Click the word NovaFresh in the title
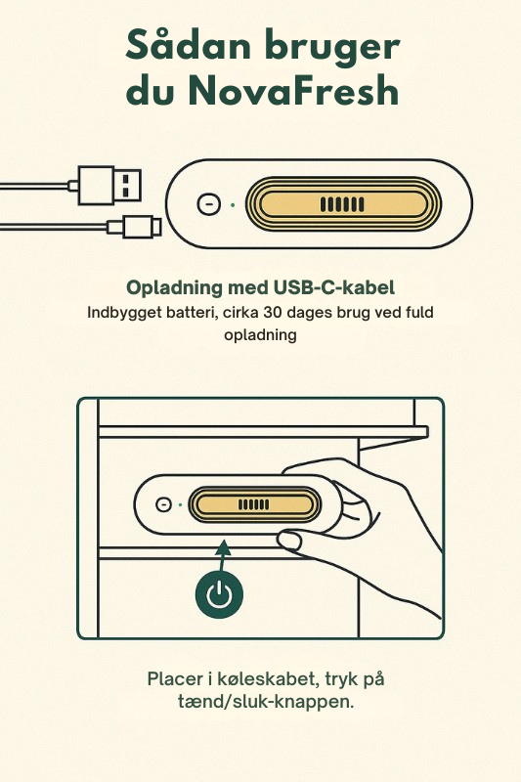click(293, 90)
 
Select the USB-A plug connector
click(109, 186)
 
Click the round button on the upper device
click(209, 204)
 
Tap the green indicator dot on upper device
click(233, 204)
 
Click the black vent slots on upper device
click(342, 204)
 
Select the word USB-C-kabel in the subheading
click(334, 287)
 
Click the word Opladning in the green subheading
click(174, 288)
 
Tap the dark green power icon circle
click(219, 594)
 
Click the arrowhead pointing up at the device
click(224, 547)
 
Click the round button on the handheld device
click(163, 504)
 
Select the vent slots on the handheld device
click(254, 504)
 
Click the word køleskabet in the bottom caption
click(267, 678)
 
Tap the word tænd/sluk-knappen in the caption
click(266, 702)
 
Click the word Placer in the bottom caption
click(175, 678)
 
